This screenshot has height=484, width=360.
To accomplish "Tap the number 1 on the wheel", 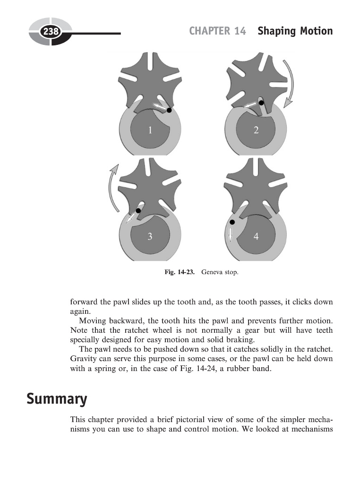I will (x=150, y=130).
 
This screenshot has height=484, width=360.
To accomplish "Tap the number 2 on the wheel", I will (x=256, y=130).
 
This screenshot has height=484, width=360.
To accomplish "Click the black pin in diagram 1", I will (x=169, y=110).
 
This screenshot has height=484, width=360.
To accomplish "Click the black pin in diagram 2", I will (x=261, y=103).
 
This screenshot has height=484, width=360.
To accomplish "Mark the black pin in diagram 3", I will (x=138, y=211).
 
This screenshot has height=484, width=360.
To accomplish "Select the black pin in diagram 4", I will (x=232, y=222).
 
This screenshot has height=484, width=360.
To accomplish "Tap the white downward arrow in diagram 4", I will (x=231, y=234).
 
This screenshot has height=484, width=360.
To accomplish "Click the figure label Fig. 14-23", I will (x=180, y=272).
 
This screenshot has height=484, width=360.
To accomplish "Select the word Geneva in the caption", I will (x=211, y=272).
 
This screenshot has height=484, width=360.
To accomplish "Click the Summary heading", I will (x=57, y=399).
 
